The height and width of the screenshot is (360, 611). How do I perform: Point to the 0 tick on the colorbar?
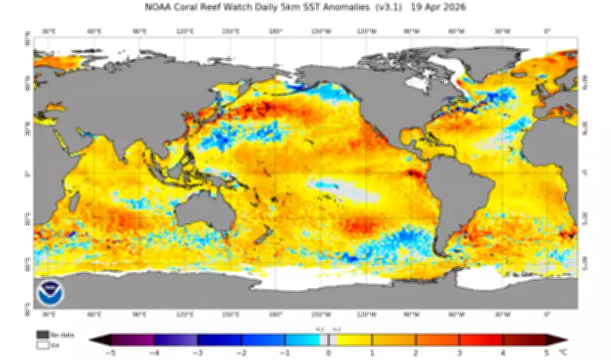[328, 353]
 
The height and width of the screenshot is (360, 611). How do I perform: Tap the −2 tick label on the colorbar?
[241, 353]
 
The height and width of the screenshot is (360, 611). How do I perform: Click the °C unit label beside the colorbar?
[564, 353]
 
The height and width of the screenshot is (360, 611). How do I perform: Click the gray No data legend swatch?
[42, 335]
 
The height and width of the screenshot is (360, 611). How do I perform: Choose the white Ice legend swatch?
[42, 345]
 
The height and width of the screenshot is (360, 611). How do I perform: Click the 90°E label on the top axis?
[140, 31]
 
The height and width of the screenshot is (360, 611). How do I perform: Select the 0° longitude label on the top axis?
[546, 31]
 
